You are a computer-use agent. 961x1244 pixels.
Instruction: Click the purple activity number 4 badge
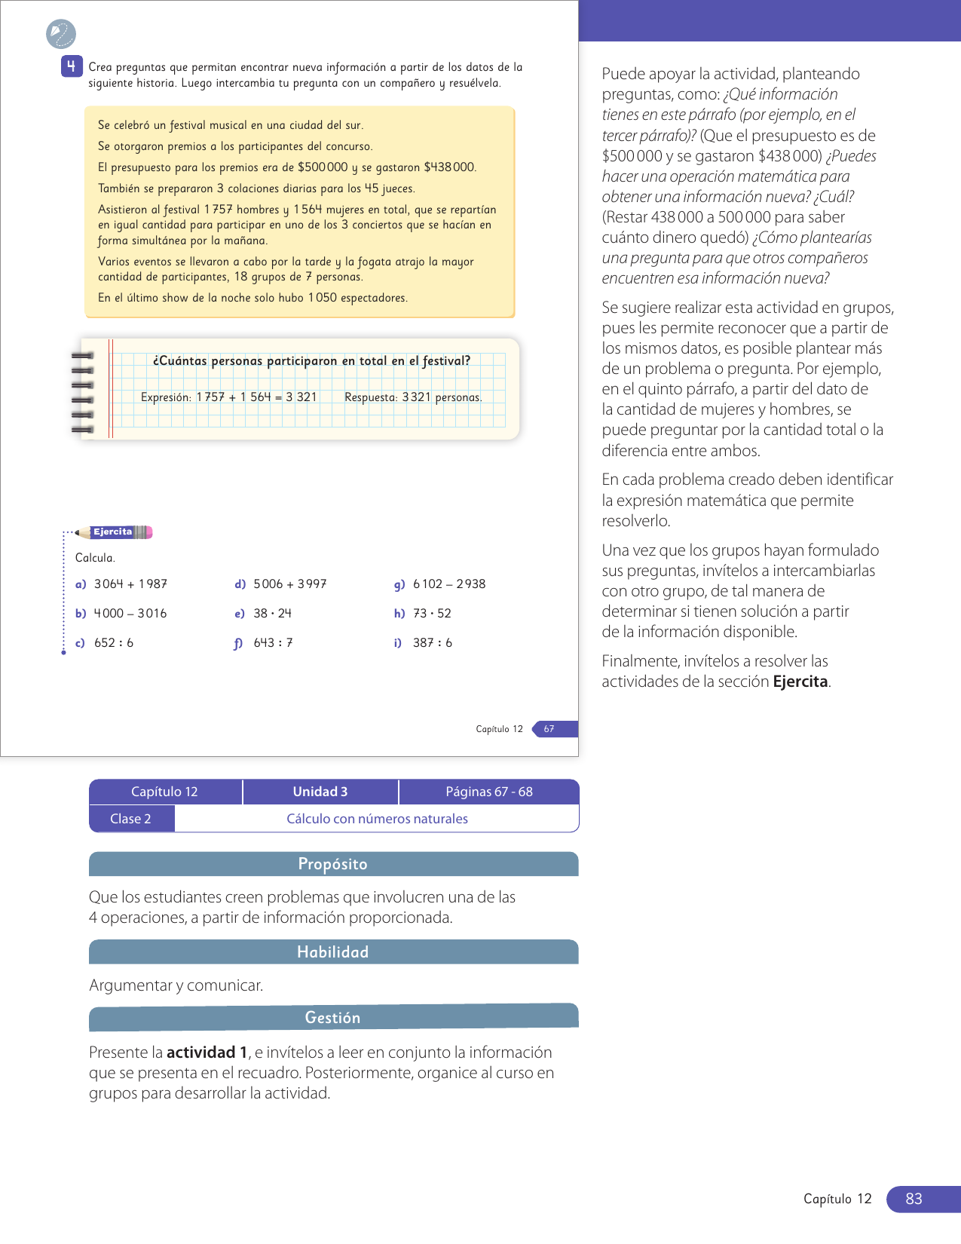pos(71,66)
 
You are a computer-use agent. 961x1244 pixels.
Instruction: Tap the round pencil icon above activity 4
pos(61,34)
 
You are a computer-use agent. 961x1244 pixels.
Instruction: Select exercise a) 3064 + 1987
pos(122,584)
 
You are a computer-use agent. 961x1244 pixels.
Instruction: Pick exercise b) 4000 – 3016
pos(122,614)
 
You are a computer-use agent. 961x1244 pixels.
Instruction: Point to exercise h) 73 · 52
pos(424,614)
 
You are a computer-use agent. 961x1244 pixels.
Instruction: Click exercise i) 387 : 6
pos(424,643)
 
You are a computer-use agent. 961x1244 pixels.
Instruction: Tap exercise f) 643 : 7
pos(264,643)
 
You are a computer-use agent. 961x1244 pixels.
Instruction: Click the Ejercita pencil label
pos(114,532)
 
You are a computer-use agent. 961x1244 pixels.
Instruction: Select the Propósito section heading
pos(333,864)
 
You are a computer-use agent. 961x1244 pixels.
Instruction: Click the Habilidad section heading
pos(333,952)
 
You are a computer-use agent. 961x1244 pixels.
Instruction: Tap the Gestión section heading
pos(333,1018)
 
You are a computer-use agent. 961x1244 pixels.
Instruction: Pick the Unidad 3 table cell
pos(320,792)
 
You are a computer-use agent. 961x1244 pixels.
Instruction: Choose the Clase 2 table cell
pos(131,819)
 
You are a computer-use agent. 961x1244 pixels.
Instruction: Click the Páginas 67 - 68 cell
pos(489,792)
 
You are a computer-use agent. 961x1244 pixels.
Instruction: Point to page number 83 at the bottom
pos(914,1199)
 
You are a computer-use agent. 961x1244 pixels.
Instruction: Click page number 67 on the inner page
pos(549,729)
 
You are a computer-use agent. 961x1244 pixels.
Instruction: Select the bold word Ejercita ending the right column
pos(800,682)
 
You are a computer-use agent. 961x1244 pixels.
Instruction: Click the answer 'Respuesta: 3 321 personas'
pos(413,397)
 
